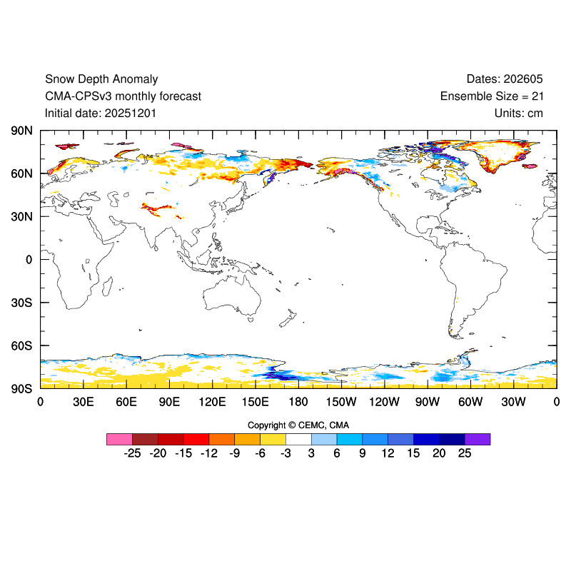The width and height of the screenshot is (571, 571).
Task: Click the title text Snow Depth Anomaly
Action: click(101, 79)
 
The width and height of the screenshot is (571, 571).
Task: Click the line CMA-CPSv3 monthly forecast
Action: click(123, 96)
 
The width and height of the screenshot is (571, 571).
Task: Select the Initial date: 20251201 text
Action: click(101, 113)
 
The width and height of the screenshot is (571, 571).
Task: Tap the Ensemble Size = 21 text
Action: click(492, 96)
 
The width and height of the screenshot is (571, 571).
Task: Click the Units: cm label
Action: click(519, 113)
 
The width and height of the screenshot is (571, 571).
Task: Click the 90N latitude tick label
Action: click(21, 131)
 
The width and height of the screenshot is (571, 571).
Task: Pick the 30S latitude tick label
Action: click(21, 303)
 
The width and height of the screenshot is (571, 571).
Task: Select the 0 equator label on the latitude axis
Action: click(29, 260)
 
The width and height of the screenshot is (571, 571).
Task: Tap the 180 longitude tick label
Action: click(298, 402)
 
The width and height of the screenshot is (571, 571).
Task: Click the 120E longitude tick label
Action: click(212, 402)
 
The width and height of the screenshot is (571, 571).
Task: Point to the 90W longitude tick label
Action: click(428, 402)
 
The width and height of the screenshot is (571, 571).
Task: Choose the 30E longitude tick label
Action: click(84, 402)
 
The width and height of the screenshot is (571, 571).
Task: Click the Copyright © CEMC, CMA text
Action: click(298, 425)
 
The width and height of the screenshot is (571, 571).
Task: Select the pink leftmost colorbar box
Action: click(119, 439)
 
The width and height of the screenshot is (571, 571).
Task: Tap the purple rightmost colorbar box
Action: click(477, 439)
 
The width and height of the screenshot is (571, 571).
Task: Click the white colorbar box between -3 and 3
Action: click(298, 439)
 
